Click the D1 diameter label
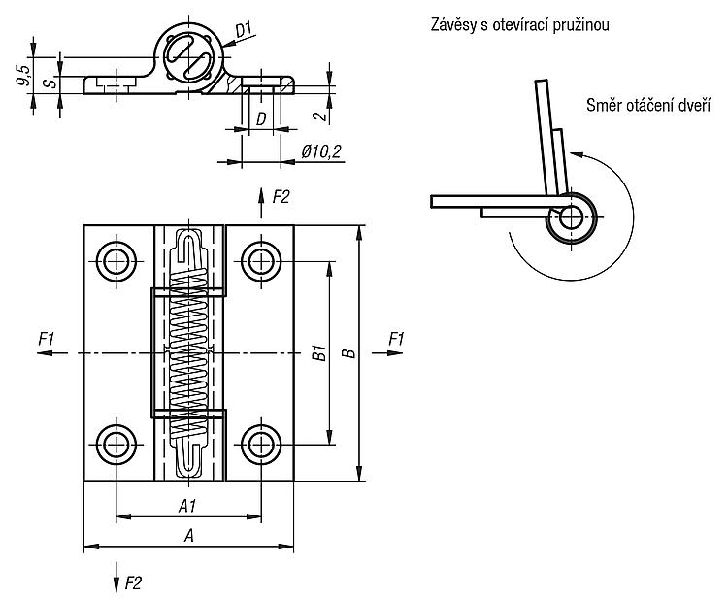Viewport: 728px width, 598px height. (244, 30)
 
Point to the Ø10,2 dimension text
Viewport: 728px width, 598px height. (321, 151)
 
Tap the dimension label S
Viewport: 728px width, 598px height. (51, 83)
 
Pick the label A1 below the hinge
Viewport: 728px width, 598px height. (187, 506)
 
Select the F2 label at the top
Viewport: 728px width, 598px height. (281, 197)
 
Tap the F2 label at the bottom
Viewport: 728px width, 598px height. (133, 582)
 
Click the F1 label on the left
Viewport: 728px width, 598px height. (46, 339)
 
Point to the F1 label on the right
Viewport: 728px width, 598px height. (396, 339)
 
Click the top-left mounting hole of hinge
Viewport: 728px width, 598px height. (116, 261)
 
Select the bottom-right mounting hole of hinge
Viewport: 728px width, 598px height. (261, 446)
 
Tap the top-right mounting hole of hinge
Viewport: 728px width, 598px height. (261, 261)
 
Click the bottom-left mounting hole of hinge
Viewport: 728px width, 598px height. (116, 446)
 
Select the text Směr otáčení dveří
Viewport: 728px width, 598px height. (648, 106)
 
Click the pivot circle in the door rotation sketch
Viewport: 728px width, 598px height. (571, 217)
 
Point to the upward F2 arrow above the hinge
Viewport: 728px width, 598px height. (261, 203)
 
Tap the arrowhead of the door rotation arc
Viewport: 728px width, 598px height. (576, 155)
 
